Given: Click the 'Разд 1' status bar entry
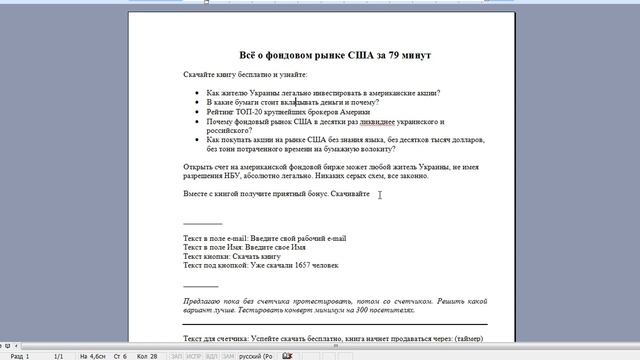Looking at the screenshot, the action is coord(18,355).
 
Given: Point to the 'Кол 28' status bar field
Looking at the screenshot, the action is coord(145,355).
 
